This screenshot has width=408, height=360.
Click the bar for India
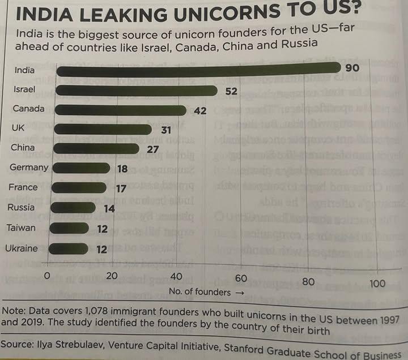[198, 71]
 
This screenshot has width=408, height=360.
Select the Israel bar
[136, 91]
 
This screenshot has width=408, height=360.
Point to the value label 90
[352, 68]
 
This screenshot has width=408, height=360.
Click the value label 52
[231, 91]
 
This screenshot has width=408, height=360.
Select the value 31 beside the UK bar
[166, 130]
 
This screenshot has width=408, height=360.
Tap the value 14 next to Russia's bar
[110, 208]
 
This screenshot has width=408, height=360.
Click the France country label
[23, 187]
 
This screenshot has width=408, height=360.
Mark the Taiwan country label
[21, 228]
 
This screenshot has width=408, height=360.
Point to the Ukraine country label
[21, 248]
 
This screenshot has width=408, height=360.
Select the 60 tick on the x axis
[241, 278]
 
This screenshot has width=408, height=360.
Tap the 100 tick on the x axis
[377, 282]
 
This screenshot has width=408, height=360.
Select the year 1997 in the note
[389, 320]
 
